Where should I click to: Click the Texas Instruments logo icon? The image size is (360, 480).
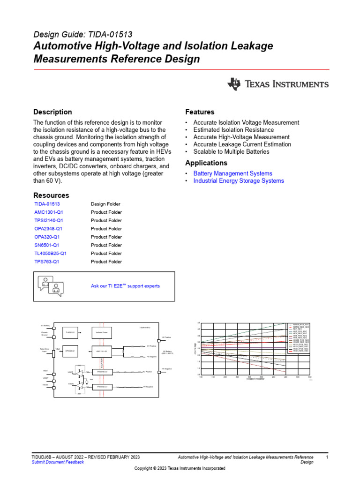click(x=234, y=84)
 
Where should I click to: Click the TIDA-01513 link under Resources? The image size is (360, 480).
click(x=47, y=204)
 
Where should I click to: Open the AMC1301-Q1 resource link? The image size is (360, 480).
click(x=48, y=212)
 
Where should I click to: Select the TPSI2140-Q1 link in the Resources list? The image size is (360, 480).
click(x=49, y=220)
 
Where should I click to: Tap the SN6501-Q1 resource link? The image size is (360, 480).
click(x=47, y=245)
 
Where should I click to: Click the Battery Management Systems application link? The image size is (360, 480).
click(x=232, y=173)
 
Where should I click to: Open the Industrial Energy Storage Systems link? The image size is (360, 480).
click(x=239, y=181)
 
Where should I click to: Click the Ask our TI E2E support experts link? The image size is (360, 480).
click(x=125, y=286)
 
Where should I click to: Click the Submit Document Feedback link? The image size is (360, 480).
click(x=58, y=462)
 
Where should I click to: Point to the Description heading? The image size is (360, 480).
click(x=52, y=112)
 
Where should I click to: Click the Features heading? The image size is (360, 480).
click(x=200, y=112)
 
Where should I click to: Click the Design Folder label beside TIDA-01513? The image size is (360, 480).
click(x=105, y=204)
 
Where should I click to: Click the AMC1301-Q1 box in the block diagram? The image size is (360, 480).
click(x=102, y=351)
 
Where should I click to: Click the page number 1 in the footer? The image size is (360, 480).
click(x=327, y=457)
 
